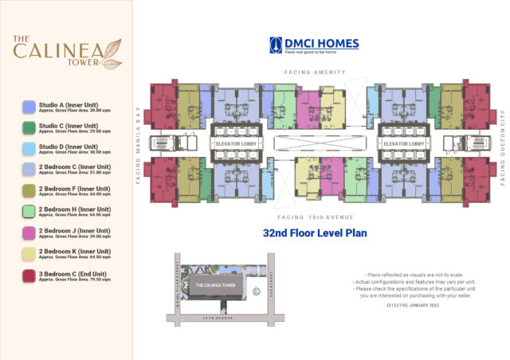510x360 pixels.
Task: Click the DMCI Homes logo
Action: click(314, 45)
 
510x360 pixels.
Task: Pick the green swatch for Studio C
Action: click(29, 127)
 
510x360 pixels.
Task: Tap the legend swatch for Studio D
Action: click(29, 149)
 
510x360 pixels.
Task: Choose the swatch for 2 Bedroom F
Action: click(29, 191)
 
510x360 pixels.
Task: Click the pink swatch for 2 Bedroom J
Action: click(29, 233)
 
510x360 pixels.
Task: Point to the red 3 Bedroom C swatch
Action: click(29, 276)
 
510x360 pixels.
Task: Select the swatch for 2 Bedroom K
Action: click(29, 254)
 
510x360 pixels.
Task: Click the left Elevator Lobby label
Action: click(234, 144)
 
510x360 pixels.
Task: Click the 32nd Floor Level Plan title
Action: click(314, 234)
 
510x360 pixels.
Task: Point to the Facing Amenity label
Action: click(315, 72)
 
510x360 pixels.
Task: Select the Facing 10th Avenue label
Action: click(315, 217)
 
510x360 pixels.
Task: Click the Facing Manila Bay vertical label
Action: click(139, 145)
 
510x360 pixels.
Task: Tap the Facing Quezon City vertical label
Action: click(503, 145)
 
